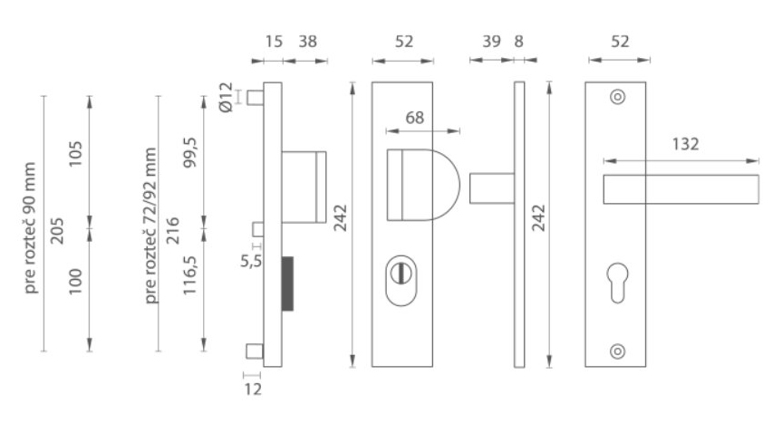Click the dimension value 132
(685, 145)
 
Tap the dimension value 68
(414, 118)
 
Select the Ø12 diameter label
(226, 97)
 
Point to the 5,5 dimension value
(251, 261)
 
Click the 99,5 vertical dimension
(190, 152)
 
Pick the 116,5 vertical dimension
(190, 275)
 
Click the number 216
(172, 231)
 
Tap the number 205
(58, 231)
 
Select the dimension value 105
(75, 155)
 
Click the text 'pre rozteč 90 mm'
(31, 227)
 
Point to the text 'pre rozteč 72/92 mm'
(150, 226)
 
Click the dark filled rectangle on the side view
(288, 284)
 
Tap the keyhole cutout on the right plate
(617, 282)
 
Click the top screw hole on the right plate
(617, 97)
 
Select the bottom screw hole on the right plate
(617, 351)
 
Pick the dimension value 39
(491, 42)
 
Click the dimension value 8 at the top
(518, 42)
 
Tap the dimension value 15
(274, 42)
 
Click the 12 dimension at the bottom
(253, 389)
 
